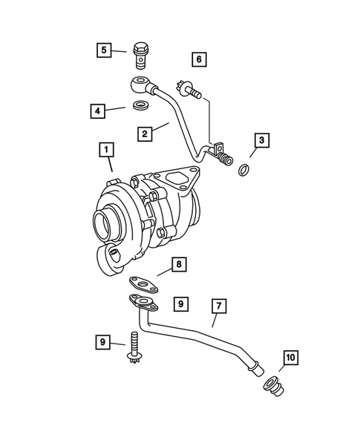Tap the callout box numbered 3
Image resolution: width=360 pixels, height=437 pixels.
pos(261,139)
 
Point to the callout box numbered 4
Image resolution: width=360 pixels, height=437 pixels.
pos(97,111)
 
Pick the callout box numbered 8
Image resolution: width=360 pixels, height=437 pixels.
pos(178,263)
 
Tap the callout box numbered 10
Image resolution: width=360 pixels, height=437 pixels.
pos(289,358)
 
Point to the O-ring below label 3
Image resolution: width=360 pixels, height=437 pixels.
pos(243,171)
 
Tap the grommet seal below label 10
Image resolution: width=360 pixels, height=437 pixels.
pos(272,386)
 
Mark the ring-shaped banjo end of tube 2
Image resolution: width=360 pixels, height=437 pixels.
pos(140,82)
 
